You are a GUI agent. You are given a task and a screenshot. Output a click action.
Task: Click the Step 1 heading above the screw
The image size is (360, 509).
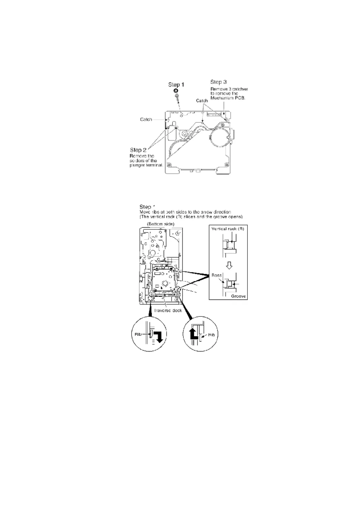pyautogui.click(x=176, y=85)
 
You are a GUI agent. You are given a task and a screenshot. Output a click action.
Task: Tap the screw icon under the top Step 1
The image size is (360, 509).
pyautogui.click(x=176, y=96)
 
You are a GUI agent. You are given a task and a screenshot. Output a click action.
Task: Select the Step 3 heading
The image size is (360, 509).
pyautogui.click(x=218, y=82)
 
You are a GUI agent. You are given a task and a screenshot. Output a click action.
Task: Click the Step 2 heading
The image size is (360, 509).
pyautogui.click(x=138, y=150)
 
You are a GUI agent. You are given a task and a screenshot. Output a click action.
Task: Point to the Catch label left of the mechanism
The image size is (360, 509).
pyautogui.click(x=146, y=119)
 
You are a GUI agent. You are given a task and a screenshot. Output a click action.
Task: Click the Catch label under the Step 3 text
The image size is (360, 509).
pyautogui.click(x=202, y=101)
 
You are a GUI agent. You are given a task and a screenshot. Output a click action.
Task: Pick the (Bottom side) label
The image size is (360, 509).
pyautogui.click(x=160, y=224)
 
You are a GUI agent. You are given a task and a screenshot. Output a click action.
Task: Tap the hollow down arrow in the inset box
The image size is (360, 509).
pyautogui.click(x=229, y=265)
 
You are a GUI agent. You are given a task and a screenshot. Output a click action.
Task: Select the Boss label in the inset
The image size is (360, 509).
pyautogui.click(x=217, y=275)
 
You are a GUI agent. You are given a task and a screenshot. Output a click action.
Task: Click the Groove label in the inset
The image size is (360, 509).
pyautogui.click(x=238, y=296)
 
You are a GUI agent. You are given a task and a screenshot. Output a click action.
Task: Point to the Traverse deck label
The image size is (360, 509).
pyautogui.click(x=168, y=310)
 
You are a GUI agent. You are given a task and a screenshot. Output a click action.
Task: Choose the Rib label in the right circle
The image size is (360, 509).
pyautogui.click(x=211, y=335)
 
